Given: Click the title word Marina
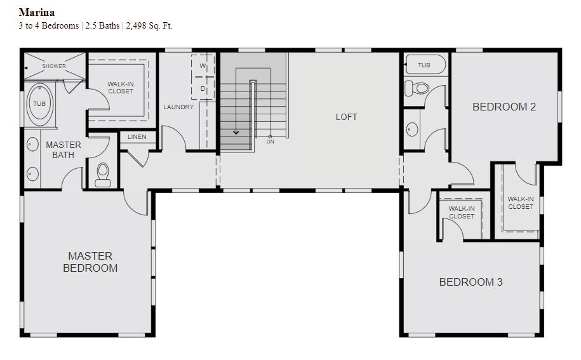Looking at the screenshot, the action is [37, 12].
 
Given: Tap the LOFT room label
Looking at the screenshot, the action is [347, 117].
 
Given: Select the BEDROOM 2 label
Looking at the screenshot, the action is [504, 107].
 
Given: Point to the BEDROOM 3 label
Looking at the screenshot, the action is [471, 282].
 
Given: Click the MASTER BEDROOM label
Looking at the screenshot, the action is [90, 262].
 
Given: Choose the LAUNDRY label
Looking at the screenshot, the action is [178, 107].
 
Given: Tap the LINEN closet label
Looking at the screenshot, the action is [137, 137].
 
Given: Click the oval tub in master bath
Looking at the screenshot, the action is [39, 104].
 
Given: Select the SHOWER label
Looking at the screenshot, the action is [54, 66].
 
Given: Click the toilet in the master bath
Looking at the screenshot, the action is [103, 175].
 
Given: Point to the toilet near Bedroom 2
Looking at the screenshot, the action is [417, 88].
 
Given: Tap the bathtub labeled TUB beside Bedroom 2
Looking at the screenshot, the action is [425, 65].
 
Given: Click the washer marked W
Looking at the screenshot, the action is [203, 66].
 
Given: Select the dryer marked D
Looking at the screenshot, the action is [203, 88].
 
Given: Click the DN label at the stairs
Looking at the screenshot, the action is [270, 142].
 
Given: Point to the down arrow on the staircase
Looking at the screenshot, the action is [236, 131].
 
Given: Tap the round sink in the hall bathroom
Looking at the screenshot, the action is [412, 130].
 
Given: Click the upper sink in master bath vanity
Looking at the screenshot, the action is [32, 145].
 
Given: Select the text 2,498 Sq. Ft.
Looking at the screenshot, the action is [149, 26].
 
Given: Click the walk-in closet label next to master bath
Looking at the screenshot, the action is [121, 88].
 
